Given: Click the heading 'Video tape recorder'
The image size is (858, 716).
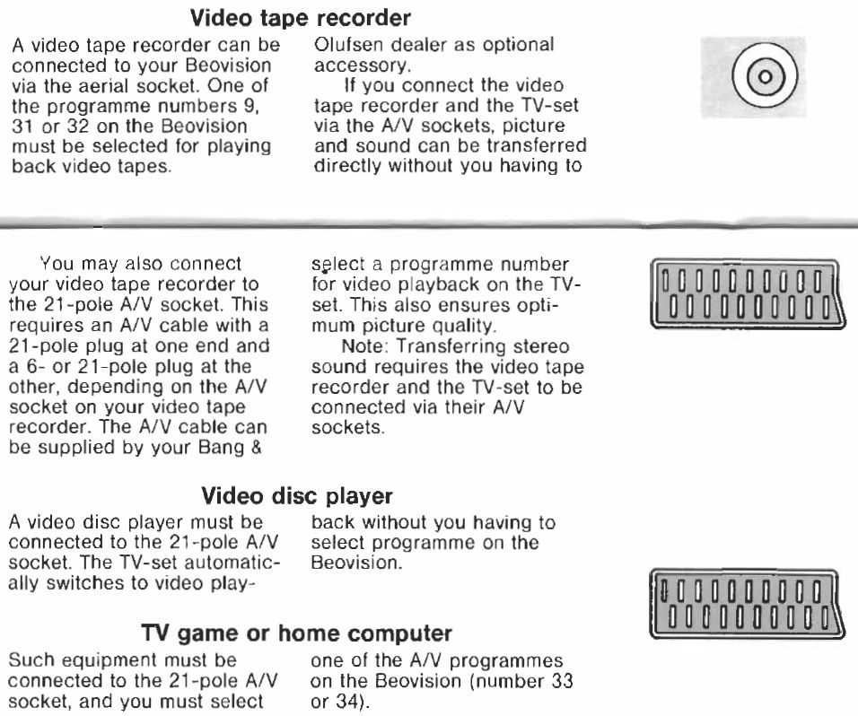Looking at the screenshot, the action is (x=300, y=18).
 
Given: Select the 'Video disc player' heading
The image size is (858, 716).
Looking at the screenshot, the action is (x=296, y=496).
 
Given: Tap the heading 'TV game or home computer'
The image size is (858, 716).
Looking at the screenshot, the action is (x=296, y=633).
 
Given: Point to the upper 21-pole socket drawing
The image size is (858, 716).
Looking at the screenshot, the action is (x=744, y=293).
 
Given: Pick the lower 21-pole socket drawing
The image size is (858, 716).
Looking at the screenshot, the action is (x=744, y=603).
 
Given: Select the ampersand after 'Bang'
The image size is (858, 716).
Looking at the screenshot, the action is (x=256, y=448).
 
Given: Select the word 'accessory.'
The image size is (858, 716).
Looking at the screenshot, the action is (x=363, y=66).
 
